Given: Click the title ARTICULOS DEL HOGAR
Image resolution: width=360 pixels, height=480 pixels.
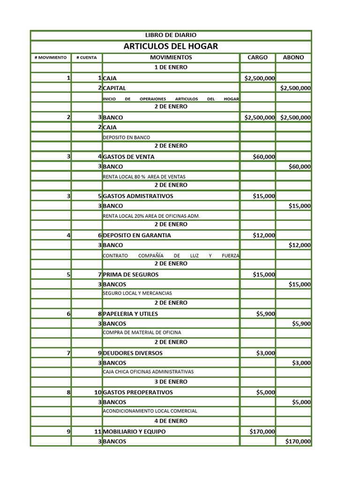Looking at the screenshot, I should pyautogui.click(x=171, y=46).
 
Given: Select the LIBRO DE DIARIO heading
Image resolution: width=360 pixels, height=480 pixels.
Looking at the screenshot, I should pyautogui.click(x=171, y=35).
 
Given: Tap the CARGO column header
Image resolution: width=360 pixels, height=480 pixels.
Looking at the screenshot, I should pyautogui.click(x=257, y=58).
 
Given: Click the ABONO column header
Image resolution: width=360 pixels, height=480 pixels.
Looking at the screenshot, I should pyautogui.click(x=293, y=58).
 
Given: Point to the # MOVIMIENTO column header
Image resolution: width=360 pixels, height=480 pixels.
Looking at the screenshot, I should pyautogui.click(x=51, y=58).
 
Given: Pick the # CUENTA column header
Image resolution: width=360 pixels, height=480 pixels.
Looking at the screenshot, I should pyautogui.click(x=86, y=58).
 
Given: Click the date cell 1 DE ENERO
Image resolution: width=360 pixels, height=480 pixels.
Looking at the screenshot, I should pyautogui.click(x=171, y=67).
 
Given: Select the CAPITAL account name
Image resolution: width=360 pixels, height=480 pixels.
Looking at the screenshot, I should pyautogui.click(x=114, y=88).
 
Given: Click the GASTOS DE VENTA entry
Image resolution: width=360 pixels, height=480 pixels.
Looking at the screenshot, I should pyautogui.click(x=128, y=157).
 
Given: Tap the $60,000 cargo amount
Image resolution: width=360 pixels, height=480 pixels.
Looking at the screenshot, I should pyautogui.click(x=264, y=157).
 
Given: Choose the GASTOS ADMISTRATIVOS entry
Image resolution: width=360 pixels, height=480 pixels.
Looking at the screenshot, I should pyautogui.click(x=138, y=196).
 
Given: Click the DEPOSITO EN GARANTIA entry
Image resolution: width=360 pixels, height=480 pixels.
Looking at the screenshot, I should pyautogui.click(x=137, y=235).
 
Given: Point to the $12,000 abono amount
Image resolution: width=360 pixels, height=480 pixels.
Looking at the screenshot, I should pyautogui.click(x=300, y=245).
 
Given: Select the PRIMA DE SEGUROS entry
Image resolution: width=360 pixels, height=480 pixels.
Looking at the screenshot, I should pyautogui.click(x=131, y=275).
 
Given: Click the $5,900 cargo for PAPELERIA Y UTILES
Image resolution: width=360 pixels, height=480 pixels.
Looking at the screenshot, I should pyautogui.click(x=266, y=314).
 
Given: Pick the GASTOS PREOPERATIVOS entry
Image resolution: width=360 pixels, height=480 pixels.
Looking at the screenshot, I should pyautogui.click(x=138, y=392).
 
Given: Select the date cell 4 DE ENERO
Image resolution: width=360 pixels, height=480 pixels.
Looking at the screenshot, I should pyautogui.click(x=171, y=421).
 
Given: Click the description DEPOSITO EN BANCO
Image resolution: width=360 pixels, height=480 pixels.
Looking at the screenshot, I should pyautogui.click(x=127, y=138).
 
